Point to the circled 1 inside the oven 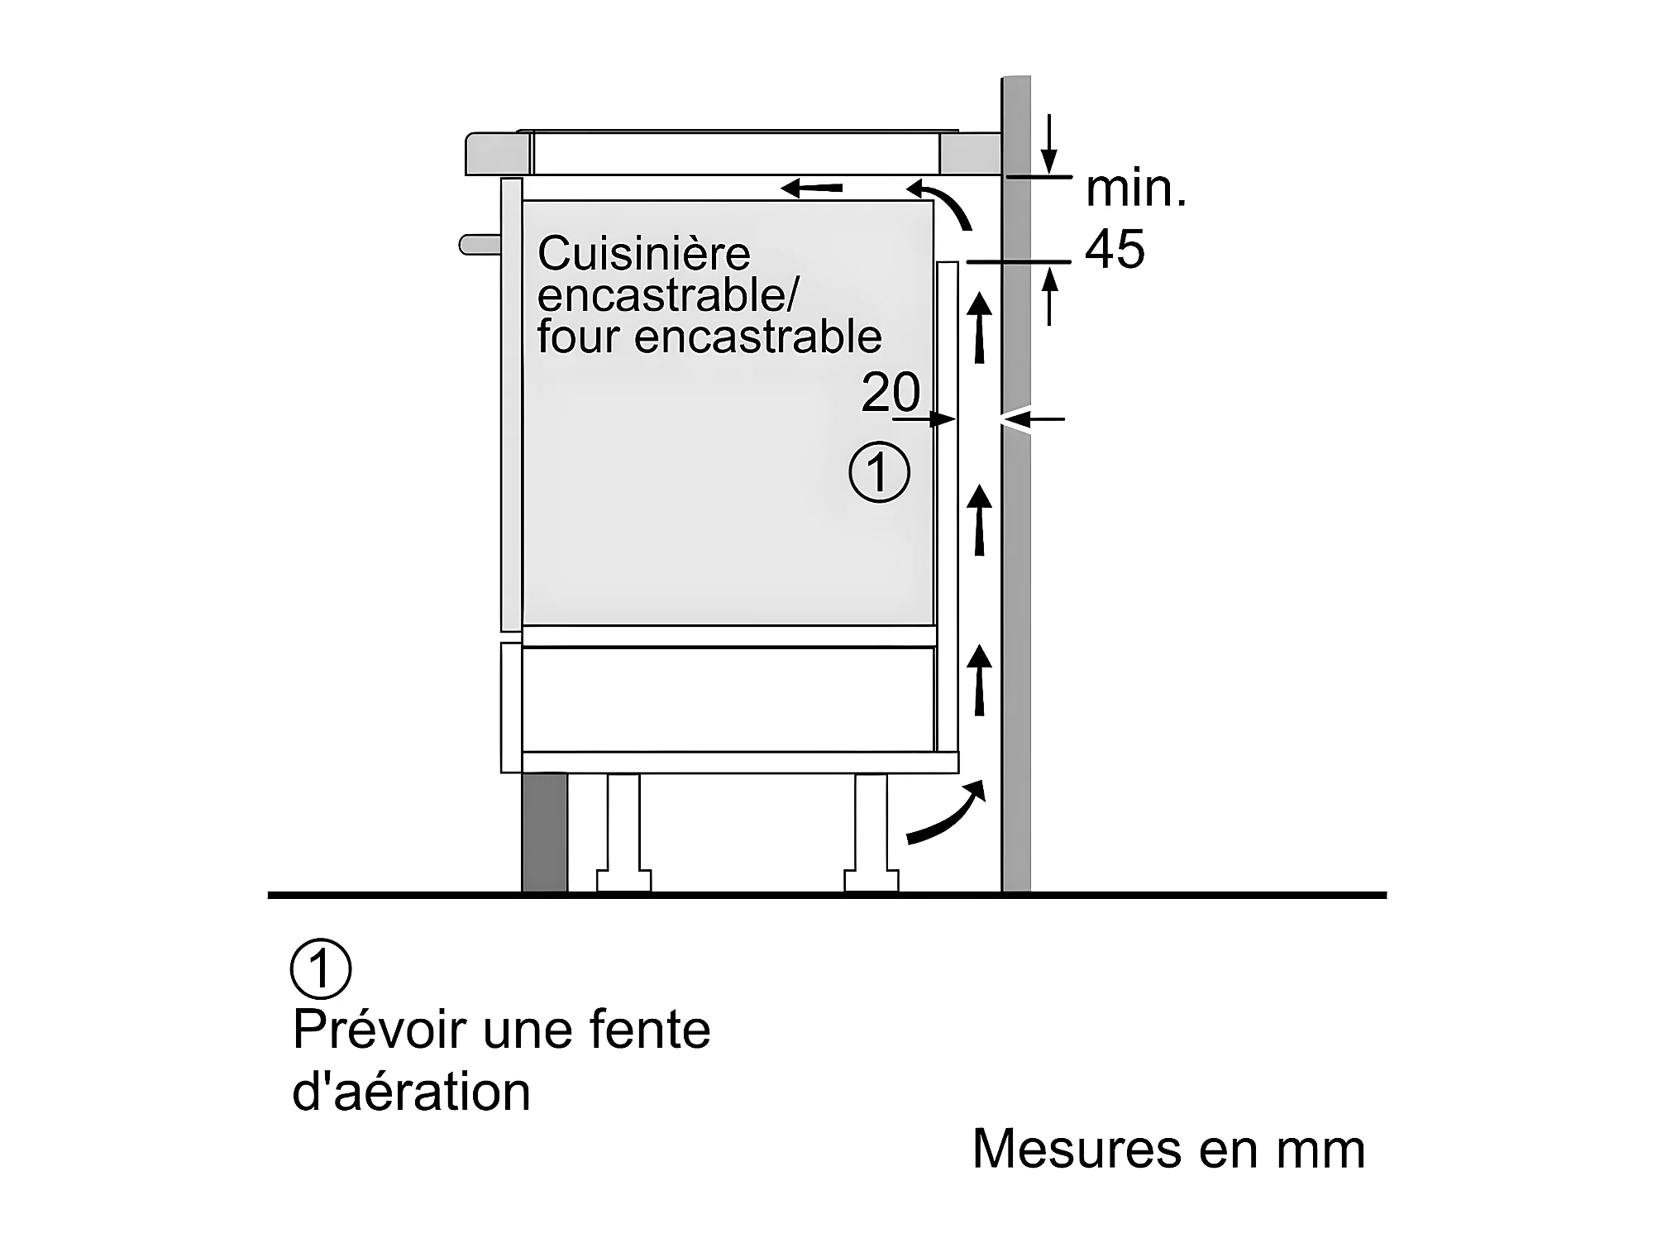pos(879,473)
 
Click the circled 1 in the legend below pos(321,968)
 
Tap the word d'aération pos(412,1092)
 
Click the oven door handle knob pos(480,245)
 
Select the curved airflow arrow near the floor pos(947,815)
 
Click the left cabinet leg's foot pos(623,880)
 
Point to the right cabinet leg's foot pos(871,880)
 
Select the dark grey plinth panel pos(545,833)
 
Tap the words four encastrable pos(709,337)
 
